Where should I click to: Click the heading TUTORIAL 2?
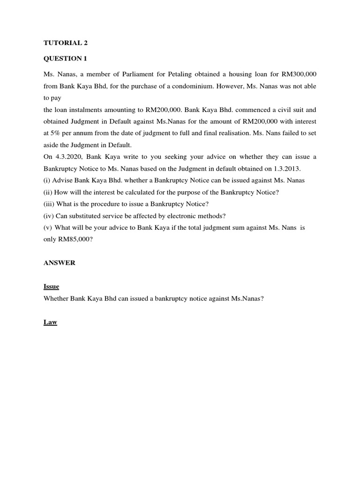pos(66,43)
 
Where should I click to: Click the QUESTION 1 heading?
pos(65,59)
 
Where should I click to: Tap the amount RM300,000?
pos(299,75)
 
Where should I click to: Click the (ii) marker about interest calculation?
pos(48,192)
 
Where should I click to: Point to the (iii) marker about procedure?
pos(49,204)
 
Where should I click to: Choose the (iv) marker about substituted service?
pos(49,216)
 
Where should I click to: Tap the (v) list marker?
pos(48,227)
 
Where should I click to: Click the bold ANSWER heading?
pos(60,263)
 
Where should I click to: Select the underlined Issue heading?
pos(51,286)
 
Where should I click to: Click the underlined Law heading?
pos(50,322)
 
